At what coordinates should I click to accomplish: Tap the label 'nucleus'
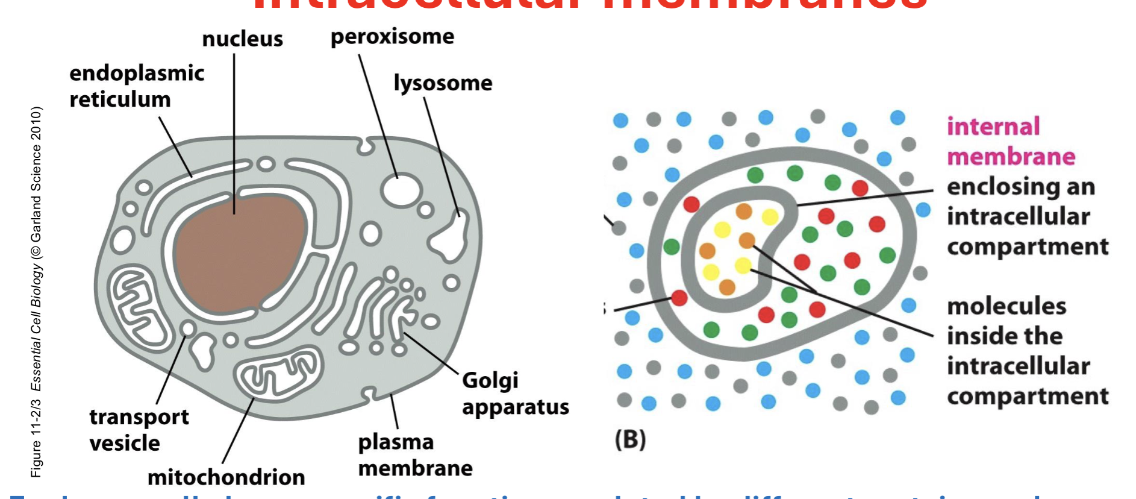click(x=242, y=39)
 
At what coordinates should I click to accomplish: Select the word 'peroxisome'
click(x=392, y=37)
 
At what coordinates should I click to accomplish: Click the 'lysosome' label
click(x=443, y=83)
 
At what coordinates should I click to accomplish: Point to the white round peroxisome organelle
click(x=401, y=190)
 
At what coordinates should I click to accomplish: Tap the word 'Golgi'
click(x=490, y=380)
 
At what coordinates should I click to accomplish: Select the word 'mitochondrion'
click(x=226, y=477)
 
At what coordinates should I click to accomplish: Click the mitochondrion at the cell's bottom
click(x=278, y=374)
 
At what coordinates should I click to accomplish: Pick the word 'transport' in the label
click(x=139, y=416)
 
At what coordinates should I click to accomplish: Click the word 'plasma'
click(x=395, y=442)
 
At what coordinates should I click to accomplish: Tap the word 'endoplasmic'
click(x=137, y=73)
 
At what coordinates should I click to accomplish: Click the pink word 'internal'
click(x=993, y=127)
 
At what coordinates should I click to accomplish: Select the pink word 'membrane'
click(x=1011, y=157)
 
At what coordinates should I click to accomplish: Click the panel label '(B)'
click(x=630, y=439)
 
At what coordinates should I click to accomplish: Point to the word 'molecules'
click(x=1006, y=306)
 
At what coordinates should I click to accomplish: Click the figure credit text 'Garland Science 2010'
click(x=36, y=175)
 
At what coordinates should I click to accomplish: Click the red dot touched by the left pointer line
click(x=679, y=298)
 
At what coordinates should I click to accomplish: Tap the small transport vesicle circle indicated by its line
click(x=189, y=328)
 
